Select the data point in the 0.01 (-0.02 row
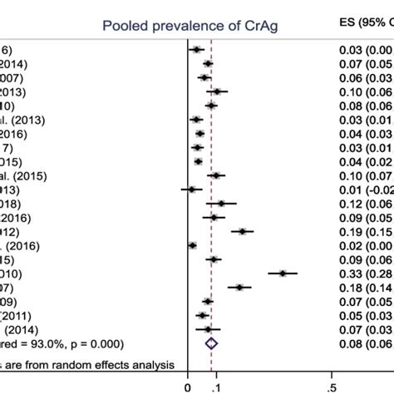[x=191, y=190]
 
